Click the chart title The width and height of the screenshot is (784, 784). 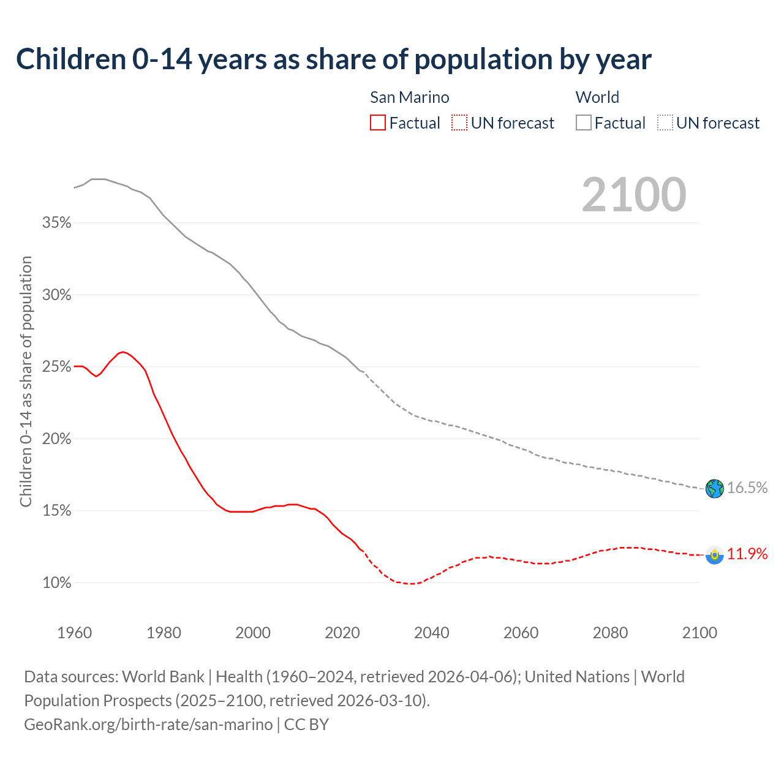click(x=334, y=59)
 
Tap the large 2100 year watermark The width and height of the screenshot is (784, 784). click(x=634, y=195)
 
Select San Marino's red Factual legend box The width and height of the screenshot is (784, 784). click(x=378, y=123)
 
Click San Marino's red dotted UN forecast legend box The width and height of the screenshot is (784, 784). click(x=459, y=123)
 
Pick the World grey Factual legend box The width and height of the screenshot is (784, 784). click(x=584, y=123)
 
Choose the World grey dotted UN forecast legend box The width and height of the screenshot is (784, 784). click(x=665, y=123)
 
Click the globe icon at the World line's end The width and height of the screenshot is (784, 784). click(x=714, y=488)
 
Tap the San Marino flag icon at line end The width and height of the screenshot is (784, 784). click(x=714, y=554)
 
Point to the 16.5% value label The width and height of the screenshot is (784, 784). click(x=747, y=488)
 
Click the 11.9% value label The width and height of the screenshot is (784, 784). click(x=747, y=554)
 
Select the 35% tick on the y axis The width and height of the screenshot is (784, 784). click(x=57, y=223)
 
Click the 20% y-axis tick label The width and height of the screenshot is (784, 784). click(x=57, y=439)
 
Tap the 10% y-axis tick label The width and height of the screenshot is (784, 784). click(x=57, y=583)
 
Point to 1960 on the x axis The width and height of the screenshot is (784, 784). click(x=75, y=633)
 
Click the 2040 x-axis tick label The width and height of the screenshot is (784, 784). click(x=432, y=633)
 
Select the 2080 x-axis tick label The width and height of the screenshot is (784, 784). click(x=610, y=633)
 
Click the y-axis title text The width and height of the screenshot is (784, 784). click(x=26, y=382)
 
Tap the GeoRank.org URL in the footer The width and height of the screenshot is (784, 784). click(x=148, y=725)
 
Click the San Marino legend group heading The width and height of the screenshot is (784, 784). click(x=409, y=97)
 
